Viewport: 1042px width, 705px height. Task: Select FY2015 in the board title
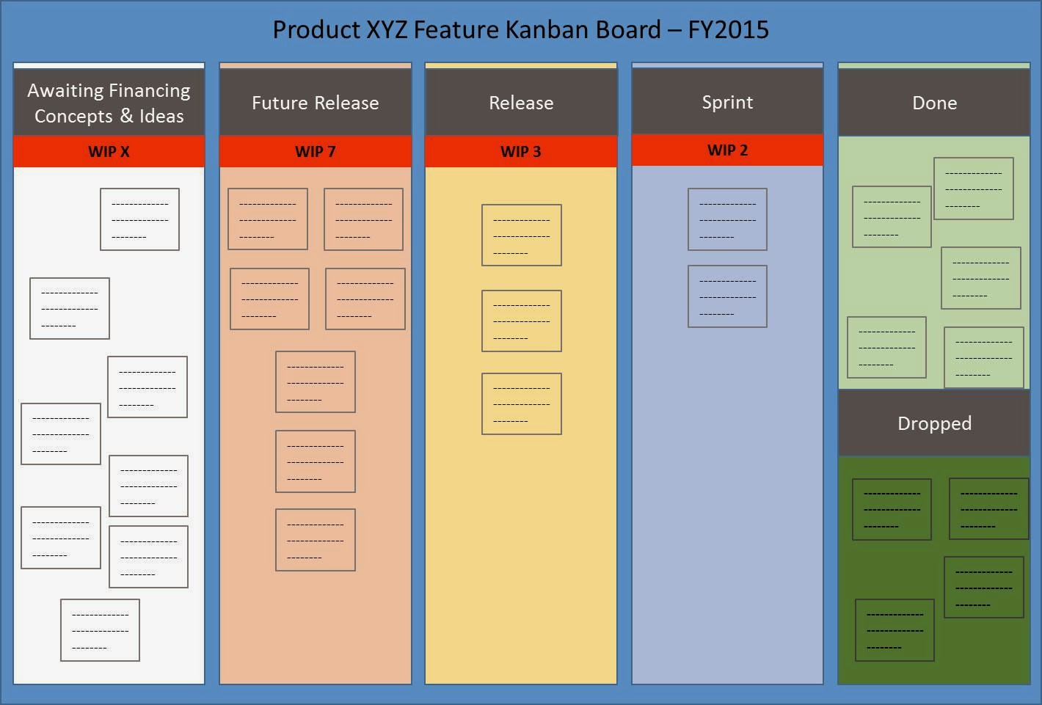pyautogui.click(x=728, y=29)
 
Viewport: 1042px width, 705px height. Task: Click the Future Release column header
pyautogui.click(x=316, y=103)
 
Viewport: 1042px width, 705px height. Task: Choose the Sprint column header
pyautogui.click(x=727, y=102)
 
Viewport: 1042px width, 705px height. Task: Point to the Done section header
pyautogui.click(x=934, y=103)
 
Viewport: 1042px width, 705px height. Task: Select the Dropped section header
pyautogui.click(x=934, y=423)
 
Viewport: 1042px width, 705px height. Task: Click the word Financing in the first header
pyautogui.click(x=149, y=90)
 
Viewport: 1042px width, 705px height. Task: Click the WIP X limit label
pyautogui.click(x=109, y=152)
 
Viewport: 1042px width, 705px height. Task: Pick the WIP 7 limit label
pyautogui.click(x=316, y=152)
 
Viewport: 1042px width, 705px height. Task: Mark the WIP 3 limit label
pyautogui.click(x=521, y=152)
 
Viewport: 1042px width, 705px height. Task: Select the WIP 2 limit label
pyautogui.click(x=727, y=150)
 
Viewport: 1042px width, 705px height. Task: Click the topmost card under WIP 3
pyautogui.click(x=522, y=235)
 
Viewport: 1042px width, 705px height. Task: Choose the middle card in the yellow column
pyautogui.click(x=522, y=321)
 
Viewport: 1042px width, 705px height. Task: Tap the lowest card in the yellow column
pyautogui.click(x=522, y=403)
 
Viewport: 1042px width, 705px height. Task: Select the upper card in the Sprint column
pyautogui.click(x=727, y=219)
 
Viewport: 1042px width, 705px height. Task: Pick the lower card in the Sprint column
pyautogui.click(x=727, y=296)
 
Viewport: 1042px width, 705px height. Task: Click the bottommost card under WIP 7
pyautogui.click(x=316, y=540)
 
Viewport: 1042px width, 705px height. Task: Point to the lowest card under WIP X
pyautogui.click(x=100, y=630)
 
